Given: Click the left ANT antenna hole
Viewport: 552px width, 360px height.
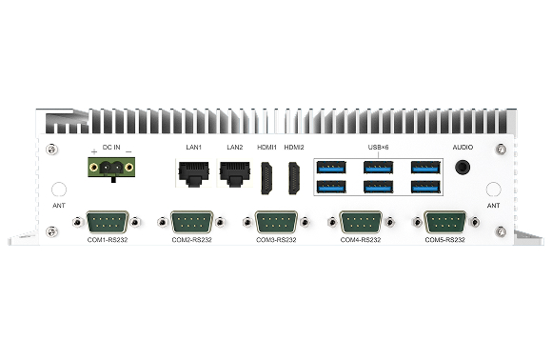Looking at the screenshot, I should pyautogui.click(x=59, y=190).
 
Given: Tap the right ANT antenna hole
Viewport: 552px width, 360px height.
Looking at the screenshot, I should pyautogui.click(x=493, y=190).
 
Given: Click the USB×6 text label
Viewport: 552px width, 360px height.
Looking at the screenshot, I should pyautogui.click(x=379, y=148).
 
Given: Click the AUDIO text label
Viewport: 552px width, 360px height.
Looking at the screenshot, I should pyautogui.click(x=463, y=148).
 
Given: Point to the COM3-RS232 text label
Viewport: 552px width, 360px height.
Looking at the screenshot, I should pyautogui.click(x=276, y=240).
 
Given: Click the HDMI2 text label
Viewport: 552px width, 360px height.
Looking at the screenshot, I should pyautogui.click(x=294, y=148).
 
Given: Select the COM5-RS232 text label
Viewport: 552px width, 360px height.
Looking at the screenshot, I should pyautogui.click(x=444, y=240).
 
